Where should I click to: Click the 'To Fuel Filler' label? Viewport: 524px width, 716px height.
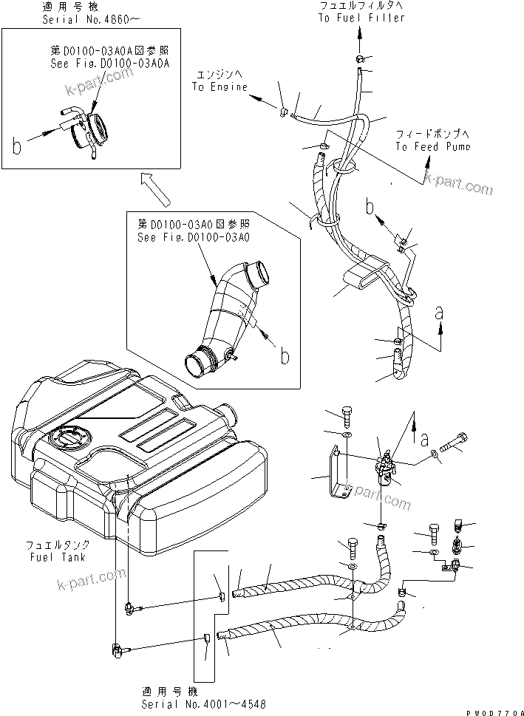362,18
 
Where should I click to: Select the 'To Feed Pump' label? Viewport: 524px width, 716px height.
432,147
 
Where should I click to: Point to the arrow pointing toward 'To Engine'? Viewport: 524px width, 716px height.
254,95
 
